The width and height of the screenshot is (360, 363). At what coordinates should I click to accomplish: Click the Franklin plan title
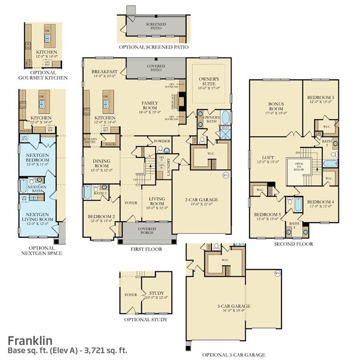tap(30, 340)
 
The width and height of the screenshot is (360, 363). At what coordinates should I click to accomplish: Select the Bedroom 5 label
tap(267, 216)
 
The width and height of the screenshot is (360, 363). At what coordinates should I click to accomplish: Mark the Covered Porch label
tap(146, 231)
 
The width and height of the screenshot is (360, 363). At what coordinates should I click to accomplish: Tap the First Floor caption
tap(146, 249)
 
